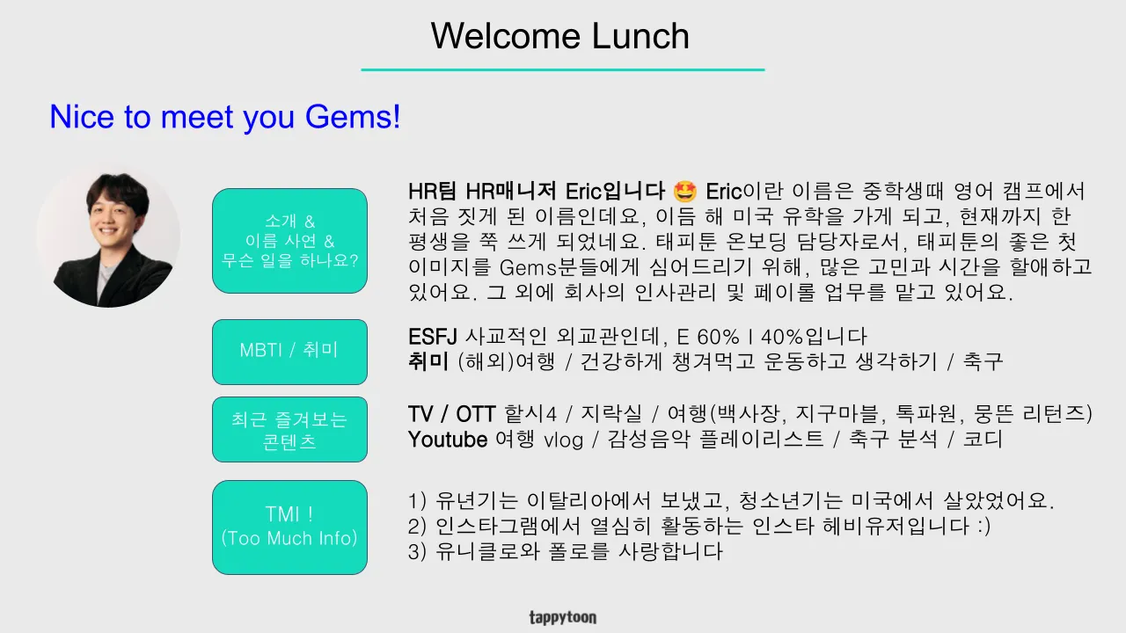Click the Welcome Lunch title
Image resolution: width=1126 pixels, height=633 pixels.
(x=560, y=36)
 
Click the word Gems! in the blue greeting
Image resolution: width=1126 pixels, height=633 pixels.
(x=353, y=117)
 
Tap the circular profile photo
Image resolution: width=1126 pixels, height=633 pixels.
(x=108, y=236)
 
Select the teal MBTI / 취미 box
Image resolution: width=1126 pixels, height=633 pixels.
(x=289, y=352)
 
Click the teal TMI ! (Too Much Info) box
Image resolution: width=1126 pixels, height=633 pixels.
(x=289, y=527)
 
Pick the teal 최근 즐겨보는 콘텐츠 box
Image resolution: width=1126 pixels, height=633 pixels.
(x=289, y=430)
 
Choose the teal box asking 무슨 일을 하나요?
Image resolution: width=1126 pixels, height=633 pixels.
(x=289, y=241)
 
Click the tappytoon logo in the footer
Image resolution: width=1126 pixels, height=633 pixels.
(x=563, y=617)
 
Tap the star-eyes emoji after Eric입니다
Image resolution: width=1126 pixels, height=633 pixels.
(x=684, y=192)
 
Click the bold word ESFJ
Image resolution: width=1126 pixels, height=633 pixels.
(x=432, y=337)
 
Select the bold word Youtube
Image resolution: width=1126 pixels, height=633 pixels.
(x=448, y=440)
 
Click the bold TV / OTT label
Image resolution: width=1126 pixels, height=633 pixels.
(x=452, y=414)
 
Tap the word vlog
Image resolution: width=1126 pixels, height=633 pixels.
(x=564, y=440)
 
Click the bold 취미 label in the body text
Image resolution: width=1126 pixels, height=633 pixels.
(x=428, y=361)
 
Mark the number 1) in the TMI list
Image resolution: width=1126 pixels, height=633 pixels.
(x=417, y=501)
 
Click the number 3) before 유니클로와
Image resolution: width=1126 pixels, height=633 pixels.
(x=417, y=551)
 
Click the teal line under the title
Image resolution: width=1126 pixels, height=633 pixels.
(x=563, y=69)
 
